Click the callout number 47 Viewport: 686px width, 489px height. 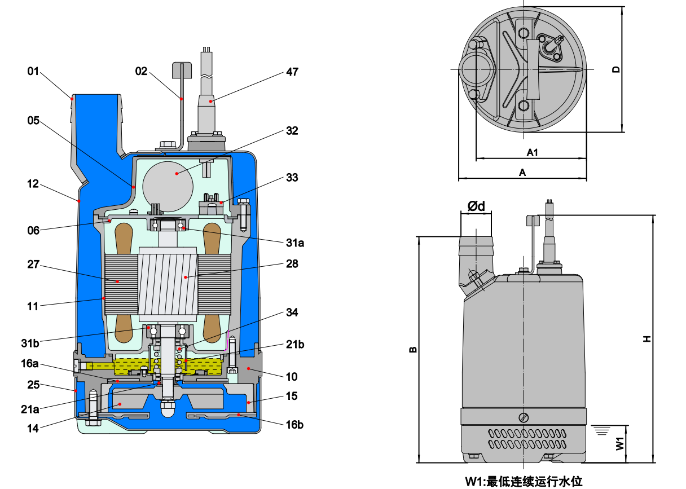(292, 72)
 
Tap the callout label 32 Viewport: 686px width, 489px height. (292, 131)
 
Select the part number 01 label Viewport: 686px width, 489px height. (34, 72)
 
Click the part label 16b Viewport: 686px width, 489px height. (294, 424)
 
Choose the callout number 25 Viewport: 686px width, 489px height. (34, 385)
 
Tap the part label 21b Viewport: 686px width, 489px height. (294, 345)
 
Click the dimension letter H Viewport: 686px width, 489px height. (647, 338)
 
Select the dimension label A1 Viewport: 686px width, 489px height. (533, 152)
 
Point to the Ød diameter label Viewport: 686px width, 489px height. (476, 206)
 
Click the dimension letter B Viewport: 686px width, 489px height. (413, 350)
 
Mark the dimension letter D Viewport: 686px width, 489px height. (616, 69)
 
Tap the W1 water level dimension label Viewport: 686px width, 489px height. (619, 443)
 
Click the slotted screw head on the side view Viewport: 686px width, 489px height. (524, 417)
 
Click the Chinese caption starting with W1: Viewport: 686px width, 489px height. (524, 481)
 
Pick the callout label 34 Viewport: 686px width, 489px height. (292, 312)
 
